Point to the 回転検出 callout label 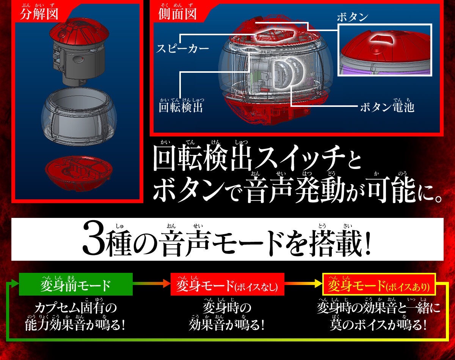pyautogui.click(x=181, y=107)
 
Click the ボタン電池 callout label pyautogui.click(x=387, y=107)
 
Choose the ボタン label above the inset pyautogui.click(x=352, y=17)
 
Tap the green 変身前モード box pyautogui.click(x=75, y=284)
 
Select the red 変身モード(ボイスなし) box pyautogui.click(x=227, y=284)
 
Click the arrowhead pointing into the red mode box pyautogui.click(x=167, y=283)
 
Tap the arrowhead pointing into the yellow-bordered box pyautogui.click(x=319, y=283)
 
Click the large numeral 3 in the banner pyautogui.click(x=93, y=241)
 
